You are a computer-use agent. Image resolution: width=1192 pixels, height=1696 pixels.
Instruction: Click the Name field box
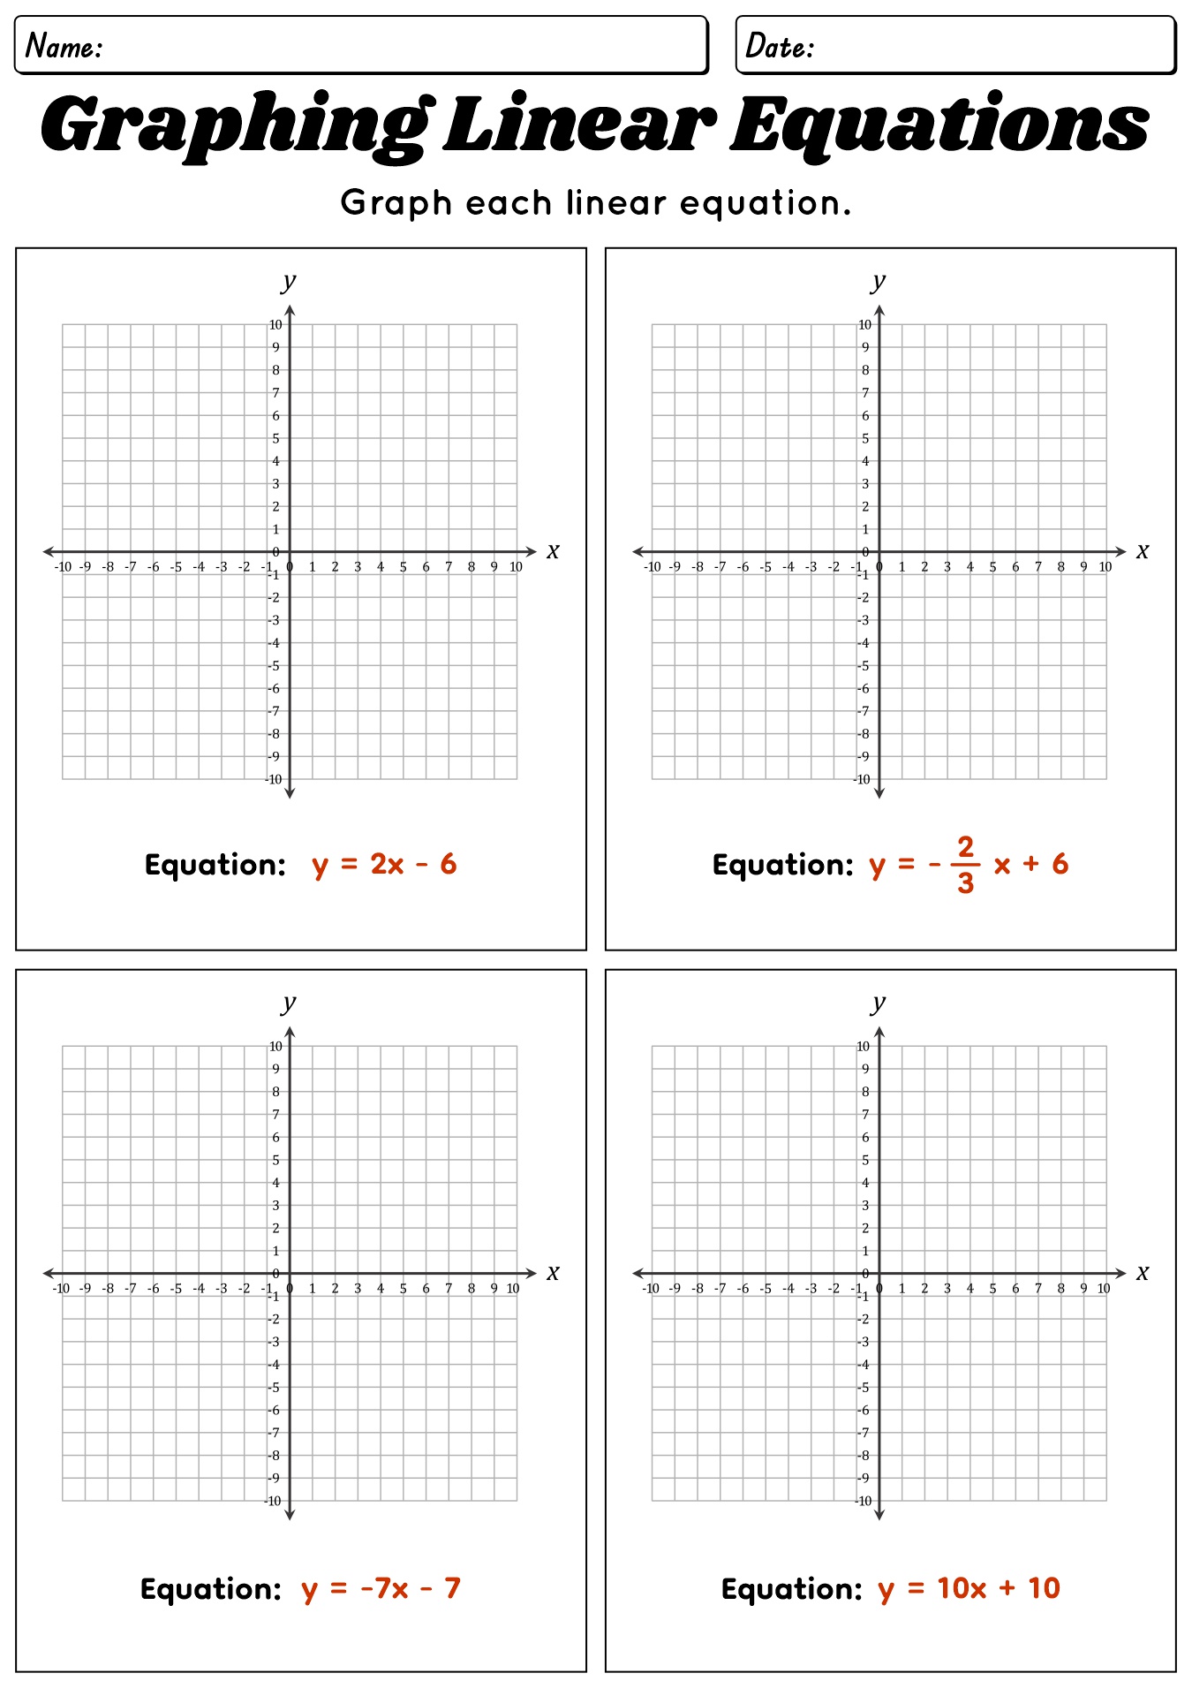tap(362, 44)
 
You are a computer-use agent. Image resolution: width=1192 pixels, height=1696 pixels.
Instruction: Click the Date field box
tap(955, 44)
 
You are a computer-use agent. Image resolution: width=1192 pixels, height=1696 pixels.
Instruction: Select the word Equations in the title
tap(939, 125)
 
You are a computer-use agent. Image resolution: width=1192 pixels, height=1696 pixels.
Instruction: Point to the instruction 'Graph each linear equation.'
tap(596, 203)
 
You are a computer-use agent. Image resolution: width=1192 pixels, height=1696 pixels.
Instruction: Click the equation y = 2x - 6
tap(384, 864)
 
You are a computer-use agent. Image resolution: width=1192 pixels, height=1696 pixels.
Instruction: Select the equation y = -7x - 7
tap(381, 1588)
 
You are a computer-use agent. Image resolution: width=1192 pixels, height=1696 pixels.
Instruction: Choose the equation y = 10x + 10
tap(969, 1588)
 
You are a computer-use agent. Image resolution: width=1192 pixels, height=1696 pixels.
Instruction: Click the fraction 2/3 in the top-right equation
tap(965, 864)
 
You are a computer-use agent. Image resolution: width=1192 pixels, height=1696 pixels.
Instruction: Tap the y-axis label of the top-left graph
tap(288, 281)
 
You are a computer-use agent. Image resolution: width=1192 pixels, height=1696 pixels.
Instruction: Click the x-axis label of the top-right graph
tap(1143, 551)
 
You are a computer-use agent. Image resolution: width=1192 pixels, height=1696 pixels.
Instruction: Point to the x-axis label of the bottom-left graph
tap(553, 1273)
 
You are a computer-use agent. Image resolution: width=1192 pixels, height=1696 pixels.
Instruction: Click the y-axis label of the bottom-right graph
tap(878, 1003)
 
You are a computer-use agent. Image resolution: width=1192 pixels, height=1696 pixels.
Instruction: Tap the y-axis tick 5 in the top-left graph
tap(275, 439)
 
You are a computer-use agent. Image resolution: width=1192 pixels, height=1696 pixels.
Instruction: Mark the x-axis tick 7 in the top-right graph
tap(1038, 567)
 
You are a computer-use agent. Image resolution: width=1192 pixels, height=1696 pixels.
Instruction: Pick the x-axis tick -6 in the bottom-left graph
tap(153, 1289)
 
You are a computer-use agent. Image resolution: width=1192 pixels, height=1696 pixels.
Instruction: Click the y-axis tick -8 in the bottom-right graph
tap(864, 1456)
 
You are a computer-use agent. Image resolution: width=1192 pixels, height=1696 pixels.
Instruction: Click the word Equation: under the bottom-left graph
tap(210, 1589)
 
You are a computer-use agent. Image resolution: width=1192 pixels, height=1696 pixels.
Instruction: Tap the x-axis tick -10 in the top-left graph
tap(63, 567)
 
